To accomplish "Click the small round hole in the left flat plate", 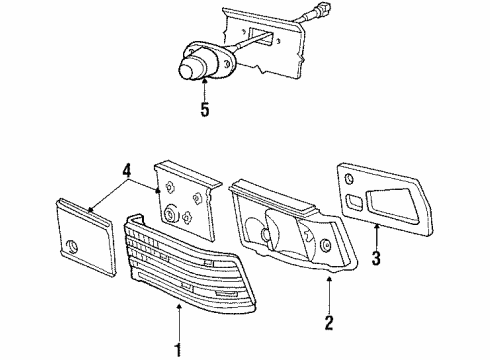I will [73, 245].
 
